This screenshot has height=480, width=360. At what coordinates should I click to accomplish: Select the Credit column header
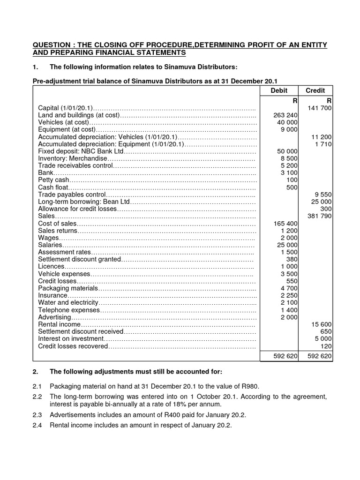pos(315,90)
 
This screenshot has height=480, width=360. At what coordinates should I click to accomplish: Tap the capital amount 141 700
pos(320,108)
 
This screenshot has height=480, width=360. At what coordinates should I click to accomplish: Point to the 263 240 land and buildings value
pos(285,115)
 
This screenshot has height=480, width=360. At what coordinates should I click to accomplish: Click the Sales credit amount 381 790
pos(320,216)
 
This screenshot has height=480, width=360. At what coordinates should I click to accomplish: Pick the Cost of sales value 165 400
pos(285,224)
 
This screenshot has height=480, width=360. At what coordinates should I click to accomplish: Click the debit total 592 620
pos(285,356)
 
